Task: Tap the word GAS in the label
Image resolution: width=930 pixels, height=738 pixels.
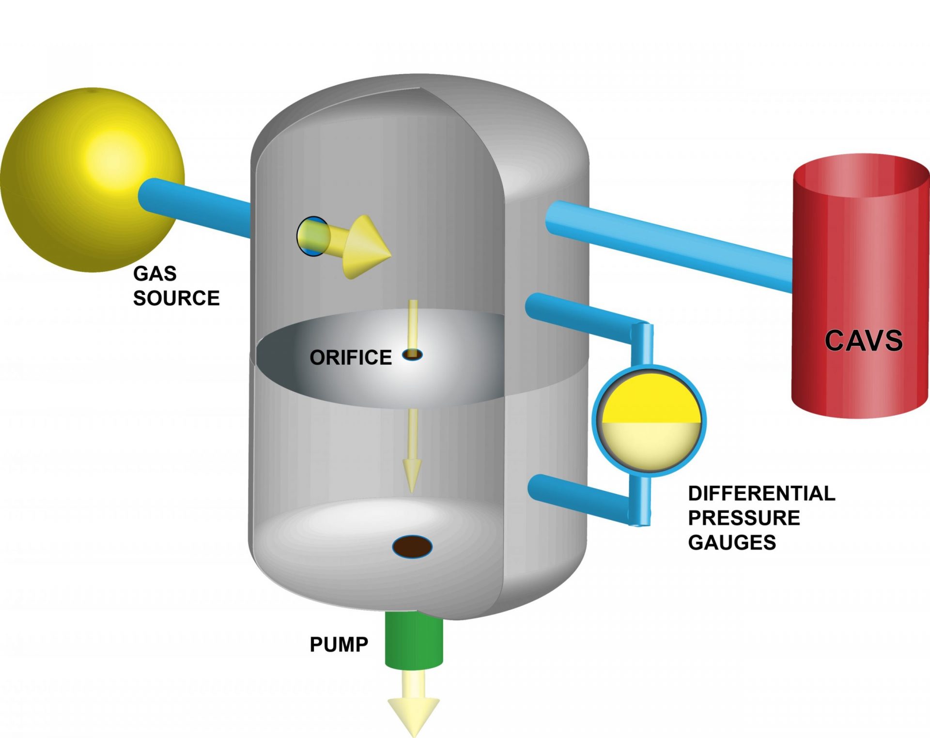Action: [x=155, y=274]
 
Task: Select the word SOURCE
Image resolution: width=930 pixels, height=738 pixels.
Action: [x=176, y=298]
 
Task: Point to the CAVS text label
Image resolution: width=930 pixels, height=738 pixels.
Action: [x=864, y=340]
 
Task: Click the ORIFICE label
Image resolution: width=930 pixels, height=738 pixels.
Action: [x=351, y=357]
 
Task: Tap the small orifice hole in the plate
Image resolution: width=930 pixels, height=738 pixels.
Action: [x=412, y=354]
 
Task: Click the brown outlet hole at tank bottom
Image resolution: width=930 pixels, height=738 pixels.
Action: [x=412, y=547]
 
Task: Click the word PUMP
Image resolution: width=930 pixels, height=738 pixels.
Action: [x=339, y=645]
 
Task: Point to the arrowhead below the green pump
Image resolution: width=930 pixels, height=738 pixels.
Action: [x=414, y=714]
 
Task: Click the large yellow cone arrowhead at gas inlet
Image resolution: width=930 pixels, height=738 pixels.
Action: [x=366, y=247]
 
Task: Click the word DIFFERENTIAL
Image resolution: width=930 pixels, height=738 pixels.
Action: [x=761, y=493]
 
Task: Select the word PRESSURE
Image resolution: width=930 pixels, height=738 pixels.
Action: [x=744, y=518]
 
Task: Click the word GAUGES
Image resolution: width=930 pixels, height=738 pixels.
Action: [x=732, y=542]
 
